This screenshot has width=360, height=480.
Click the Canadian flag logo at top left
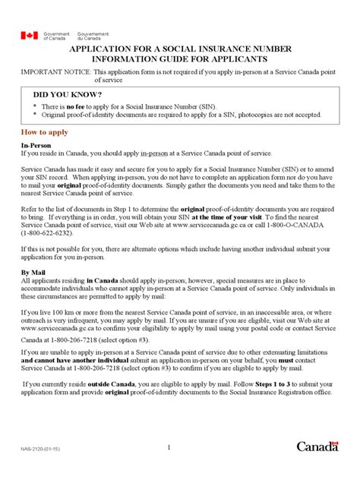(x=29, y=35)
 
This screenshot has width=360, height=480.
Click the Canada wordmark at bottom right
(x=317, y=447)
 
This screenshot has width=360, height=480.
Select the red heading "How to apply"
(x=48, y=132)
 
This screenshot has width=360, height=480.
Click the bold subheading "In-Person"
(x=36, y=144)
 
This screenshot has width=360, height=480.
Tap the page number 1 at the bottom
(x=168, y=447)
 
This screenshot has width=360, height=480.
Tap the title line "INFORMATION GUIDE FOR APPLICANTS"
(x=181, y=58)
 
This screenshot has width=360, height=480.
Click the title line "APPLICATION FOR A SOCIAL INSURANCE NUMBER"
(x=181, y=48)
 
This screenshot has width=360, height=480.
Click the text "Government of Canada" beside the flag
(x=55, y=35)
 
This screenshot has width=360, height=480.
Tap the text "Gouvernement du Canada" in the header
(x=93, y=35)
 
